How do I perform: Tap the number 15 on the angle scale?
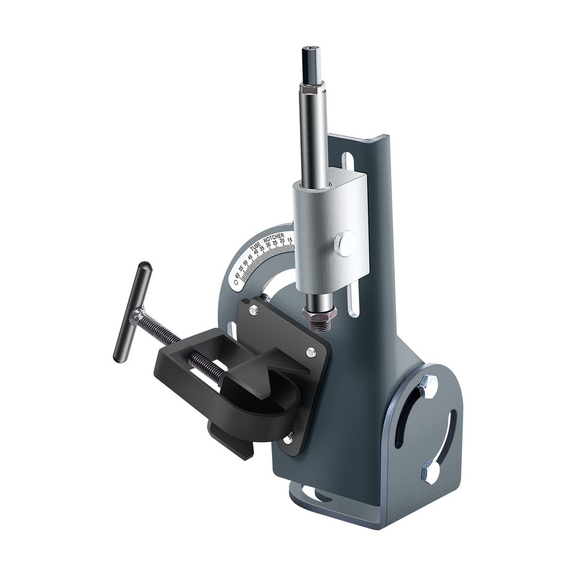point(290,240)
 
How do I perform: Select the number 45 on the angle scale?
point(250,257)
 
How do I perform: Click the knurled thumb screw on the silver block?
point(344,244)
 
